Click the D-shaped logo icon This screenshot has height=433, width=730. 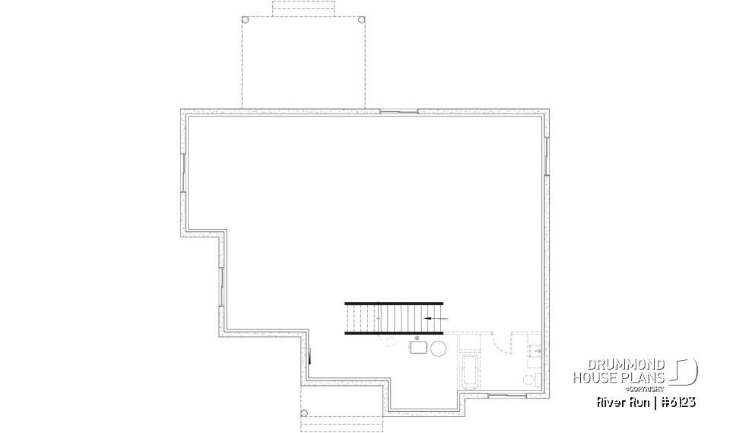pyautogui.click(x=685, y=371)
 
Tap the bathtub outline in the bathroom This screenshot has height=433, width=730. pyautogui.click(x=469, y=373)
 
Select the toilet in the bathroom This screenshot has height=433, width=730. pyautogui.click(x=530, y=378)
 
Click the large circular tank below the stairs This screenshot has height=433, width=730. pyautogui.click(x=440, y=349)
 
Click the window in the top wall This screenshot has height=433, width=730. pyautogui.click(x=398, y=112)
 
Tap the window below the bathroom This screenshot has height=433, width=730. pyautogui.click(x=507, y=396)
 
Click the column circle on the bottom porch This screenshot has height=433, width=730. pyautogui.click(x=304, y=414)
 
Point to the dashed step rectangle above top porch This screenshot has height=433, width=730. pyautogui.click(x=303, y=8)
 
